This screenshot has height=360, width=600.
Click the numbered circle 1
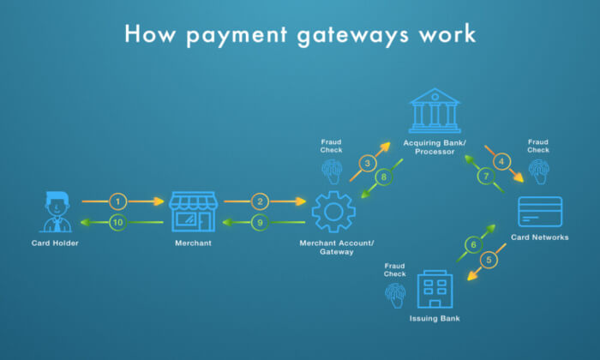[x=118, y=201]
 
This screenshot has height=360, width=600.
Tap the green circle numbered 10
[x=118, y=222]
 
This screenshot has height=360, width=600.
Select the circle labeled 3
[x=368, y=164]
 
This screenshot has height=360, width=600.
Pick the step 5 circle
[x=489, y=261]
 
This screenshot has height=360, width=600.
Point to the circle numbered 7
[x=486, y=176]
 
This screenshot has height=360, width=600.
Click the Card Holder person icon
[x=57, y=212]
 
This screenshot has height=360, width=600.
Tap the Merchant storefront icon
[x=193, y=212]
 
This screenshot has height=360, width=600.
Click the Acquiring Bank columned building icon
[x=435, y=111]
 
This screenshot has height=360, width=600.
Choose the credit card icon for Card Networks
[x=540, y=212]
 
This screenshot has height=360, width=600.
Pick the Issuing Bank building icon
[x=435, y=289]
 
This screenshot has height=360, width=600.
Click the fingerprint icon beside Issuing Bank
[x=395, y=296]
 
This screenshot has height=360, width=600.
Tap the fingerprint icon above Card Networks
[x=539, y=171]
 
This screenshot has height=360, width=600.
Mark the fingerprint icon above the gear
[x=332, y=171]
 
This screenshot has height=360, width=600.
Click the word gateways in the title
[x=353, y=35]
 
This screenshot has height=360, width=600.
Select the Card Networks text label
[x=539, y=237]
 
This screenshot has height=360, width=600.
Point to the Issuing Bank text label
[x=435, y=318]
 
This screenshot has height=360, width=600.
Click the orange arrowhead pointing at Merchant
[x=159, y=201]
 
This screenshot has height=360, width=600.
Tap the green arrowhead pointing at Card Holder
[x=86, y=222]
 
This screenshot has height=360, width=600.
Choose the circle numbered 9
[x=260, y=222]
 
